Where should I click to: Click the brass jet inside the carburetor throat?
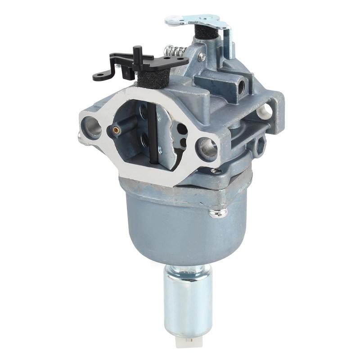116,130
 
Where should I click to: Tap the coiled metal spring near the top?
174,50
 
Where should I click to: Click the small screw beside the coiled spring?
202,57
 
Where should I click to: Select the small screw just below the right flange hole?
217,171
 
